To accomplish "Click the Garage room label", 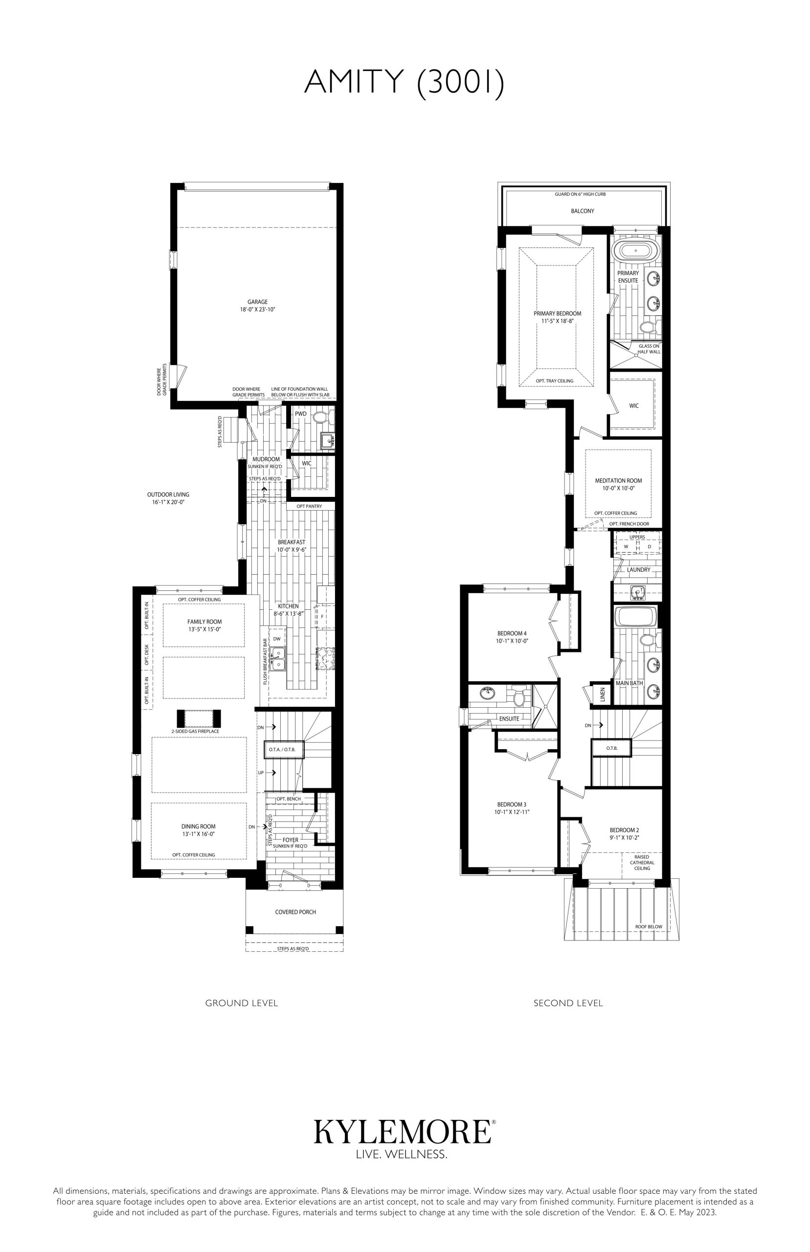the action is point(258,302).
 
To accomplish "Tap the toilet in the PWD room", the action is point(320,418).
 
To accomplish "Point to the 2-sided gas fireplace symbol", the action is point(199,718).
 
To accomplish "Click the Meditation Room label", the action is point(619,481).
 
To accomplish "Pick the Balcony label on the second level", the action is point(582,211).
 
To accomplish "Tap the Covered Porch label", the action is point(295,912).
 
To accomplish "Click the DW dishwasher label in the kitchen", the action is point(277,638).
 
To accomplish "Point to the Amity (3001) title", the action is point(404,83).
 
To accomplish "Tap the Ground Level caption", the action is point(242,1003).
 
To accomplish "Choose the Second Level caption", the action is point(568,1003).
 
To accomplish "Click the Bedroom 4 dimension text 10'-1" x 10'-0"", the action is point(512,641).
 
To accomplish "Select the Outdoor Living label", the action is point(168,495).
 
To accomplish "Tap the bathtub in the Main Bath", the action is point(636,616).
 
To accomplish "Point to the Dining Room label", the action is point(199,826).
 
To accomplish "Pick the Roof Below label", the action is point(649,926).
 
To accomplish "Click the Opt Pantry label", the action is point(309,506).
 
